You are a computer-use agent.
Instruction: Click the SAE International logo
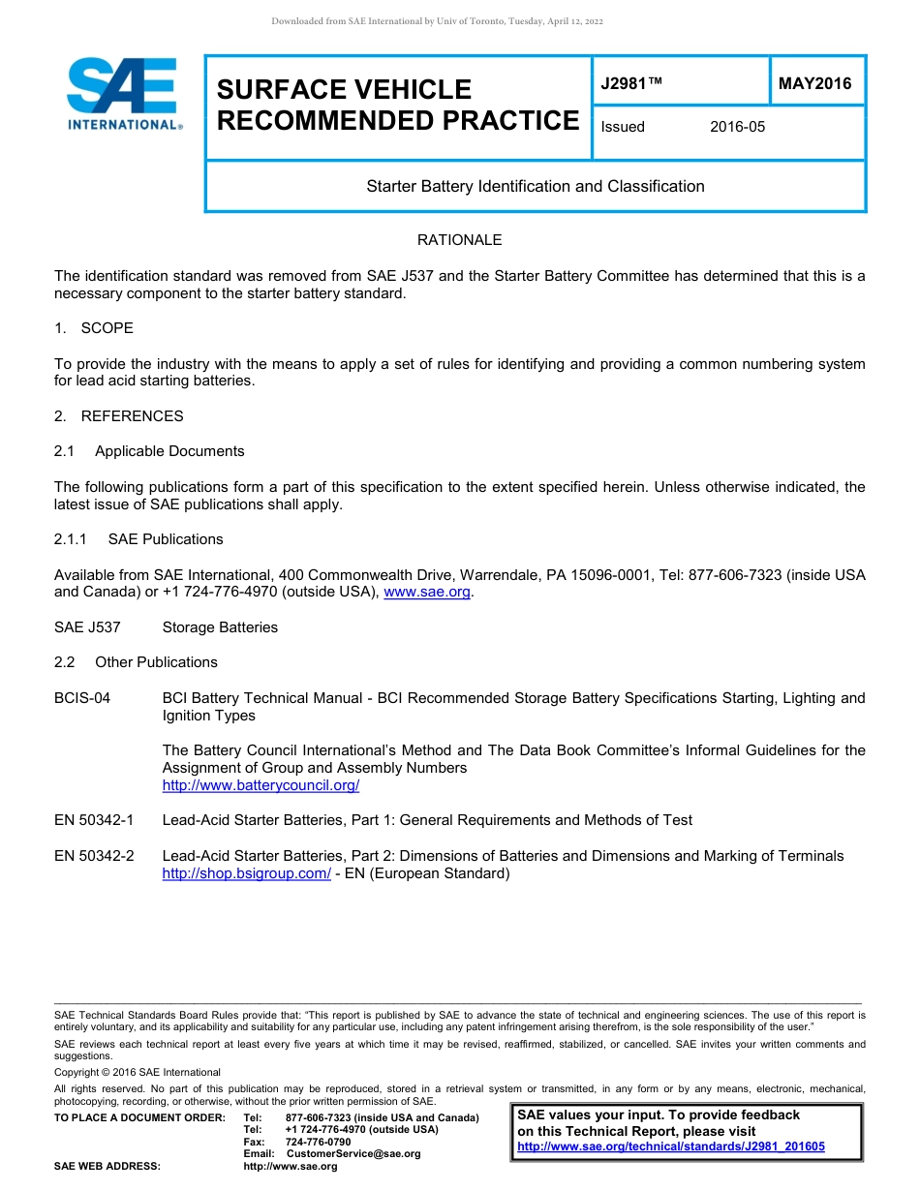click(x=123, y=93)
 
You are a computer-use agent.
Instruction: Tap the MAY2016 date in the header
click(x=814, y=84)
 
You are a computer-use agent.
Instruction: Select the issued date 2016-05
click(x=737, y=127)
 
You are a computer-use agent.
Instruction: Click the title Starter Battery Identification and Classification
click(x=535, y=186)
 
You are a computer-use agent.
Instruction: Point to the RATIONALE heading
click(x=459, y=240)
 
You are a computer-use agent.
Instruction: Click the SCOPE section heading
click(x=107, y=328)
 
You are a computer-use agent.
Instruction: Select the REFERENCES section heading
click(x=132, y=416)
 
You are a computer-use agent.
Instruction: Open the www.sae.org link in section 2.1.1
click(x=428, y=593)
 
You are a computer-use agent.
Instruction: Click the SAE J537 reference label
click(x=87, y=627)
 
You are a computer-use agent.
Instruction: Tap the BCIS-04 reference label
click(x=82, y=698)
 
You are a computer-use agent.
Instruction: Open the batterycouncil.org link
click(x=261, y=785)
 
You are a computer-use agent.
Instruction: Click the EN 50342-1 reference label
click(x=94, y=820)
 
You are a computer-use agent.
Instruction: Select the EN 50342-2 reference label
click(x=94, y=856)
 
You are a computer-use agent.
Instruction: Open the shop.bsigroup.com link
click(x=246, y=873)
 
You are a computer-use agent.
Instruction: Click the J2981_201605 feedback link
click(x=671, y=1147)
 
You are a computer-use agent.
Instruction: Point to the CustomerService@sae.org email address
click(x=353, y=1154)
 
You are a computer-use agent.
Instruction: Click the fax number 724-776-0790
click(x=318, y=1143)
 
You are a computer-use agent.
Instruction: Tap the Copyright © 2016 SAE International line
click(x=138, y=1072)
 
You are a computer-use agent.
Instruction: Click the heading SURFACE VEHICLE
click(x=344, y=90)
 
